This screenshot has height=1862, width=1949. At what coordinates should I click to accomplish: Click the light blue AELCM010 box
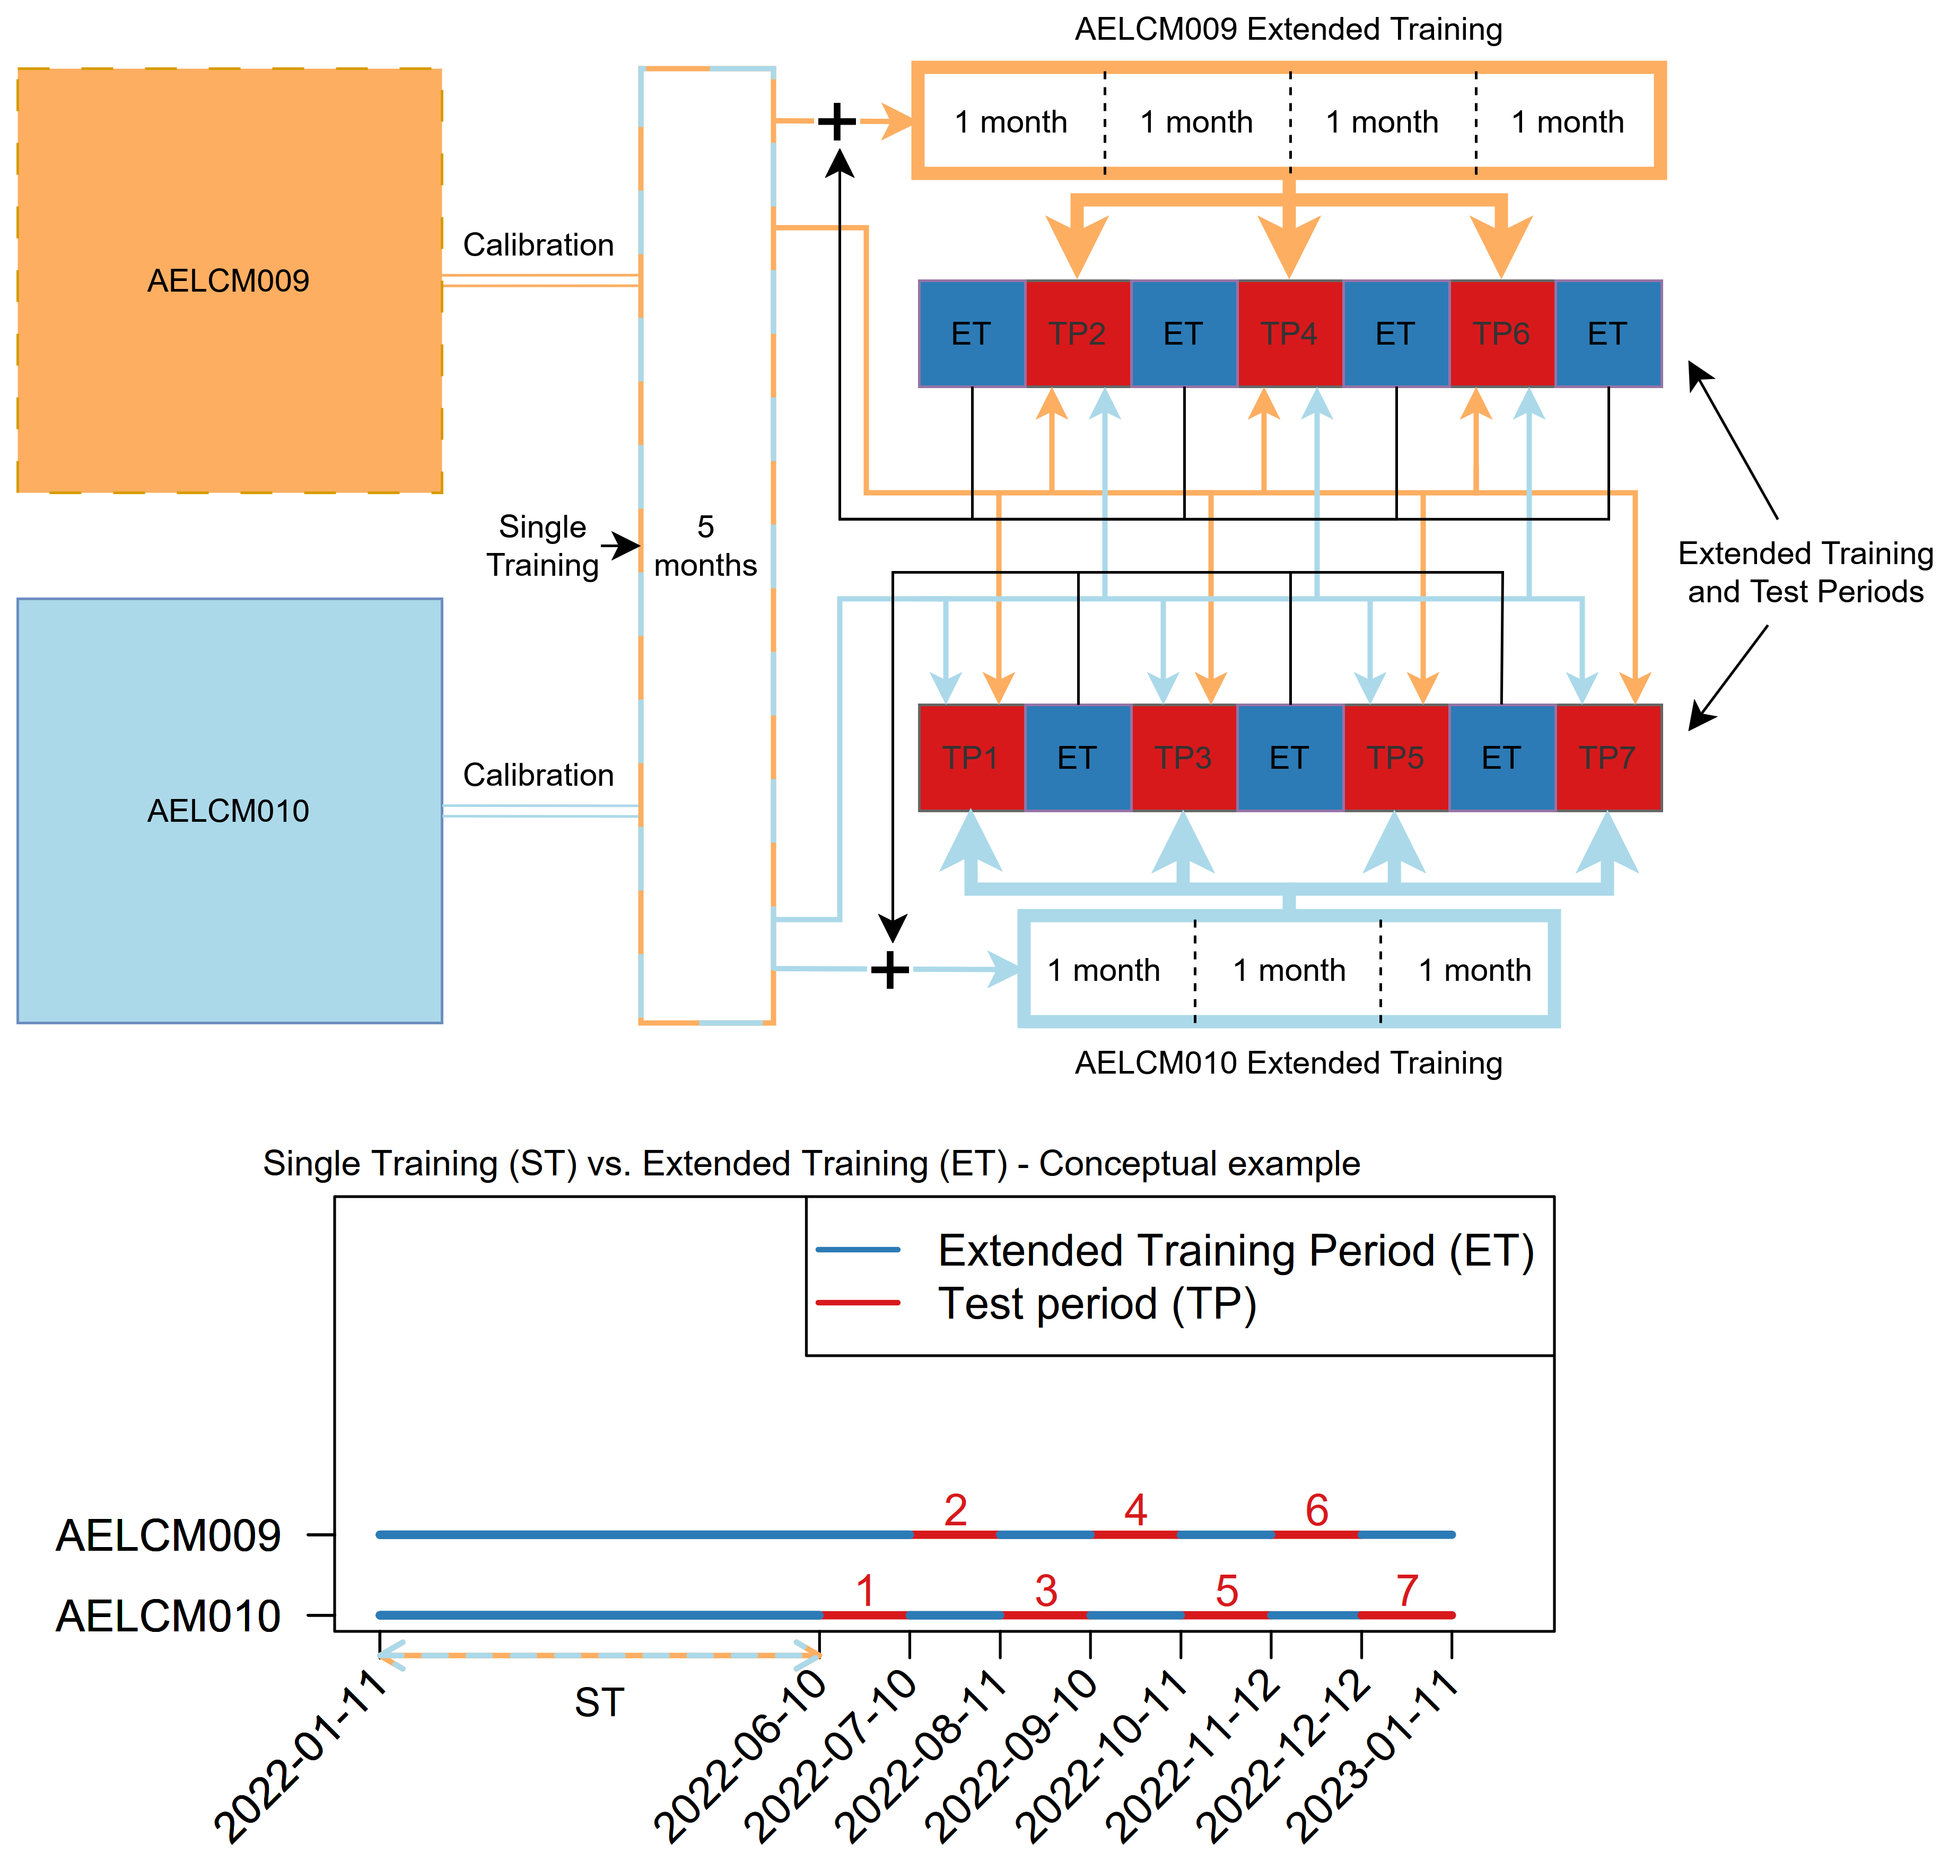(229, 810)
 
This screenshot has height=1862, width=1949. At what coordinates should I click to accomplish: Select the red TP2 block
(1077, 333)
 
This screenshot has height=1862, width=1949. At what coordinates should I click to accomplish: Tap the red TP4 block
(1289, 333)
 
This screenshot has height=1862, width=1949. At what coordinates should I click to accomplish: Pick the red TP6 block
(1501, 333)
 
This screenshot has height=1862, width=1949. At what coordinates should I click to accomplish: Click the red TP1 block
(971, 757)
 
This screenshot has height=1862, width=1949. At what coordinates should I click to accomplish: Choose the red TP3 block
(1184, 757)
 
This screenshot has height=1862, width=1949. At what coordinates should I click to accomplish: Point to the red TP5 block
(1395, 757)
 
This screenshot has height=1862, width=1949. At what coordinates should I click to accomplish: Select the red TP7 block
(1607, 757)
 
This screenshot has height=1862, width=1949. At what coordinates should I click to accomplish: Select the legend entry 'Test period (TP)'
(1097, 1303)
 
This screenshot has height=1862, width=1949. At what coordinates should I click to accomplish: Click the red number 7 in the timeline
(1407, 1591)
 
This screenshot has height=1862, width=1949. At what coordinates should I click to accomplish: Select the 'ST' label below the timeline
(599, 1703)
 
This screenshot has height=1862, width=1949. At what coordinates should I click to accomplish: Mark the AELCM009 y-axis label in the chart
(169, 1535)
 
